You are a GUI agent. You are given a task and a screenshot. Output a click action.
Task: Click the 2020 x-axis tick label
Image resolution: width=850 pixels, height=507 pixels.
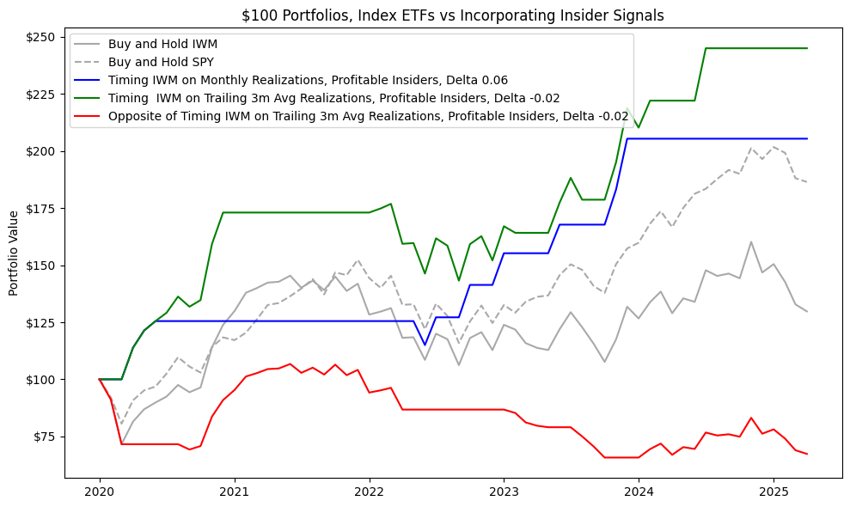pyautogui.click(x=100, y=493)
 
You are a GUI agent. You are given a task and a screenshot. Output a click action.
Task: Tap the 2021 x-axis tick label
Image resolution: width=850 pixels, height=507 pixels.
pyautogui.click(x=235, y=493)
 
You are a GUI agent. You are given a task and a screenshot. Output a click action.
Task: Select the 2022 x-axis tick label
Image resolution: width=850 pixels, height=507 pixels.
pyautogui.click(x=370, y=493)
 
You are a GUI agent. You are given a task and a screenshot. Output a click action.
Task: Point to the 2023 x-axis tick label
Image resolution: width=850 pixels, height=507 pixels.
pyautogui.click(x=504, y=493)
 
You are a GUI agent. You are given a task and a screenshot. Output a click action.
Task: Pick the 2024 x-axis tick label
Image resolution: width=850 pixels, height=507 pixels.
pyautogui.click(x=639, y=493)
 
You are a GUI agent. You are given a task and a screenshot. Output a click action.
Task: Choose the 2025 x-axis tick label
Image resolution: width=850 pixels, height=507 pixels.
pyautogui.click(x=773, y=493)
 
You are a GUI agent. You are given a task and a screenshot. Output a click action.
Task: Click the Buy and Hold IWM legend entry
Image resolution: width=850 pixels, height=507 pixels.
pyautogui.click(x=163, y=44)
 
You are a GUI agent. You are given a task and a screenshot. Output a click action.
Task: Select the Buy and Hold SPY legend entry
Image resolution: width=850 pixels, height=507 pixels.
pyautogui.click(x=163, y=62)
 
